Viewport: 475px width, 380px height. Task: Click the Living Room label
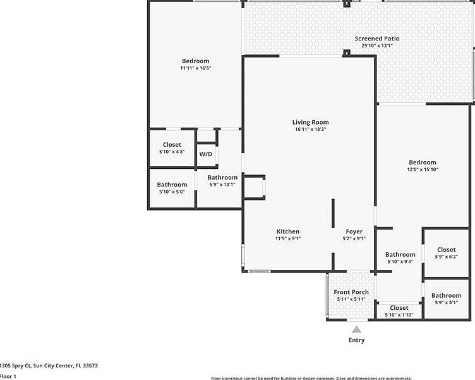[310, 122]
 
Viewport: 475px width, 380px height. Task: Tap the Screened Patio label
[376, 39]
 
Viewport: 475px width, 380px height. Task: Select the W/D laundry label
[206, 154]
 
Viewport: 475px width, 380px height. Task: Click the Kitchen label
[287, 231]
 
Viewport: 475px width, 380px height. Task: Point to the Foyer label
[354, 231]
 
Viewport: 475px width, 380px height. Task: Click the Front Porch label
[351, 292]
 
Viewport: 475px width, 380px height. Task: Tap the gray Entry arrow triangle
[356, 329]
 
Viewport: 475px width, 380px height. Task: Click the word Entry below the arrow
[356, 340]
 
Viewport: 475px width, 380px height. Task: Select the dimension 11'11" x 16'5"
[195, 68]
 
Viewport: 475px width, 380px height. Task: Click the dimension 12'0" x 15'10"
[422, 169]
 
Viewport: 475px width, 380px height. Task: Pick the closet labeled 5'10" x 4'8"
[172, 148]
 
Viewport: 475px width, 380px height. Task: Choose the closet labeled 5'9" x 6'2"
[446, 253]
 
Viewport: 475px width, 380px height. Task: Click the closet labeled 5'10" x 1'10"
[399, 311]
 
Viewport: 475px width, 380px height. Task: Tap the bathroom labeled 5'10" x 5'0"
[172, 188]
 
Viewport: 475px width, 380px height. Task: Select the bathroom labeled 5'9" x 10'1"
[222, 181]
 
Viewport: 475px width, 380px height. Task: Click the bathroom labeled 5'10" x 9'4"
[400, 258]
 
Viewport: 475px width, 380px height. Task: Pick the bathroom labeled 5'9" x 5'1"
[446, 298]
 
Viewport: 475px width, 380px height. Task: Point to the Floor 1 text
[8, 376]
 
